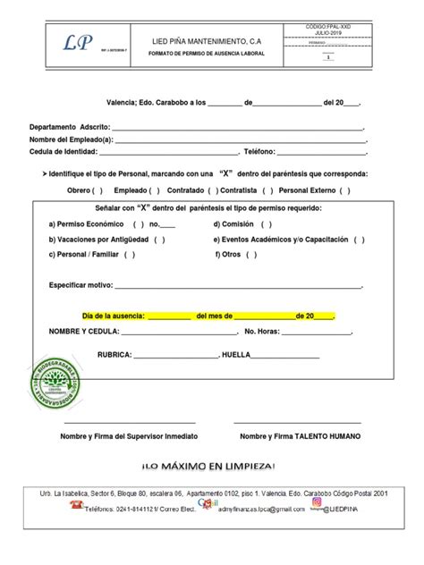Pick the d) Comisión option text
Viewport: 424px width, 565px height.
coord(239,224)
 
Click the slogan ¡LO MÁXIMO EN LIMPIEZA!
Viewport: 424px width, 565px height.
coord(211,466)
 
